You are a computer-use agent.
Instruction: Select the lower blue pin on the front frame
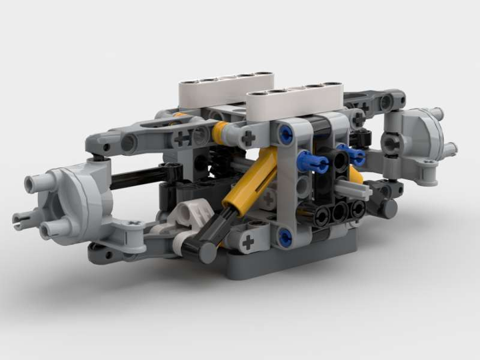[286, 235]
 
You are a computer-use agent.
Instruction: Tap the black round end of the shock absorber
[203, 251]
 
